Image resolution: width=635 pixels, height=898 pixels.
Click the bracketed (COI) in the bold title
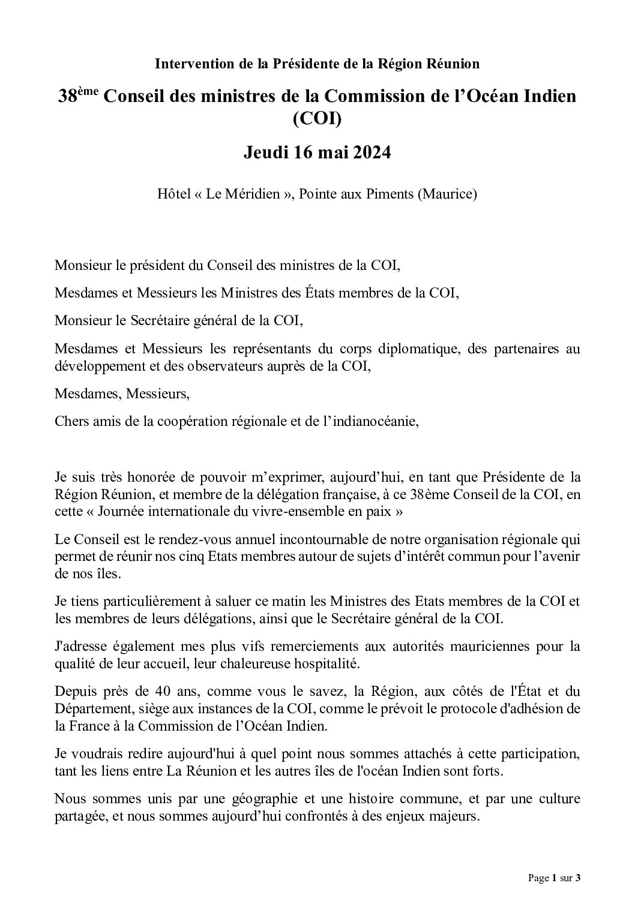317,120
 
